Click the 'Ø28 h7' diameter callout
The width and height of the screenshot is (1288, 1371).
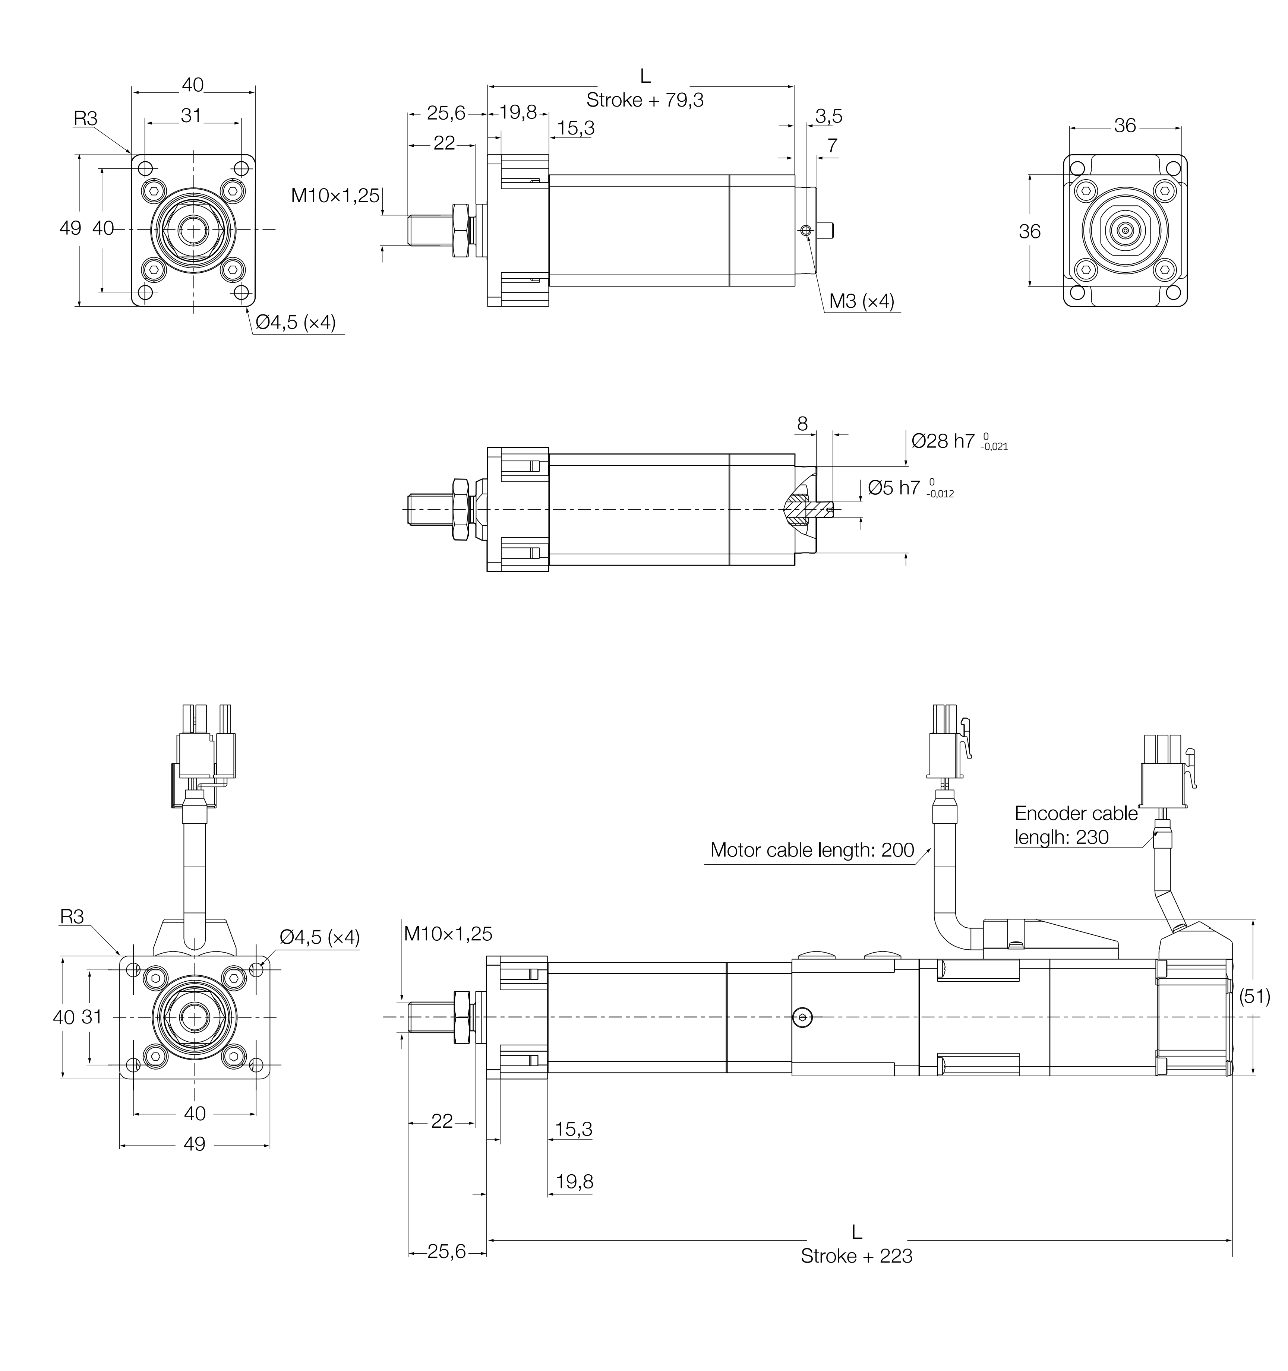(x=943, y=441)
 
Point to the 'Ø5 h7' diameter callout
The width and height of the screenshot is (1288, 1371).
(x=894, y=488)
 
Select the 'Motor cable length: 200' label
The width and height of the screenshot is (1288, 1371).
(x=812, y=850)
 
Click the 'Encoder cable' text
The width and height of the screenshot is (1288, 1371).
(x=1076, y=814)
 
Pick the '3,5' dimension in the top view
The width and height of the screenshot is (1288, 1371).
(x=828, y=117)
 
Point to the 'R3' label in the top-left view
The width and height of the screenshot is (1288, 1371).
(x=86, y=118)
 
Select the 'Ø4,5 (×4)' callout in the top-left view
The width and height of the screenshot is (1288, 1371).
(x=295, y=323)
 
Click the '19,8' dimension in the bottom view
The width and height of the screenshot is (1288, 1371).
(x=574, y=1182)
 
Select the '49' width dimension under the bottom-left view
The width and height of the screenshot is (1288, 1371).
(x=195, y=1144)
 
